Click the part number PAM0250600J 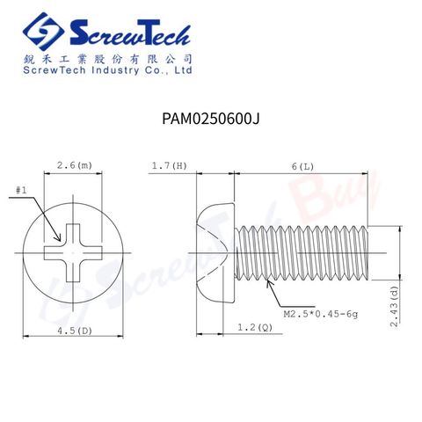click(211, 119)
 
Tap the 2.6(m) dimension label click(75, 165)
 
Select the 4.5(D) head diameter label click(75, 331)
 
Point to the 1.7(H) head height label click(169, 166)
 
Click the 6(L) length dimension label click(302, 167)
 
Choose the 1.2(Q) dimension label click(255, 327)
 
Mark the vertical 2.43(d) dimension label click(395, 306)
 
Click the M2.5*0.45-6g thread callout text click(321, 315)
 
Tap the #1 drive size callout click(21, 191)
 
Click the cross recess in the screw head click(73, 253)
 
